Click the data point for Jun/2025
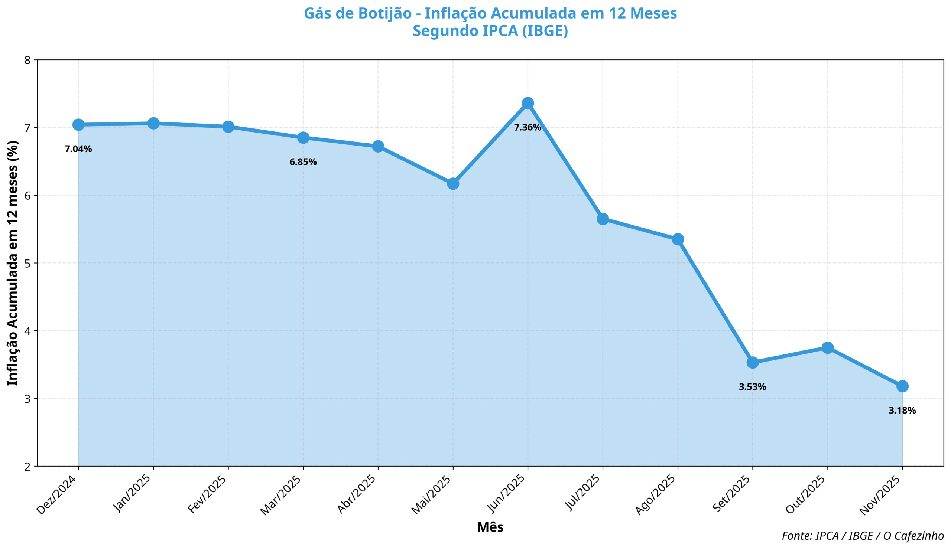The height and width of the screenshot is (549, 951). coord(528,103)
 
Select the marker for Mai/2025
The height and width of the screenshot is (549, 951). coord(453,184)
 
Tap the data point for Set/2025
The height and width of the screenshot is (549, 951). coord(752,362)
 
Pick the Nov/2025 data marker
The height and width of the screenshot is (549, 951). coord(902,386)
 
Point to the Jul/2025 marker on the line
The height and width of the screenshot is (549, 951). coord(603,219)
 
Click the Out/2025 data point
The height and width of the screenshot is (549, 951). coord(827,347)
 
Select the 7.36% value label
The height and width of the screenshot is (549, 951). coord(528,127)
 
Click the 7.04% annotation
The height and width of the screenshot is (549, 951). coord(78,149)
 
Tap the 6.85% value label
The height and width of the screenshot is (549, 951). coord(303,162)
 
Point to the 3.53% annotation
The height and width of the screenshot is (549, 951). coord(752,387)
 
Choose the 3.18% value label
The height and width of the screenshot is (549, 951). coord(902,411)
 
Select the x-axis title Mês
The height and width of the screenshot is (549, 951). coord(490,527)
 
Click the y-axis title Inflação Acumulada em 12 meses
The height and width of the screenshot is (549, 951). coord(13,263)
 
